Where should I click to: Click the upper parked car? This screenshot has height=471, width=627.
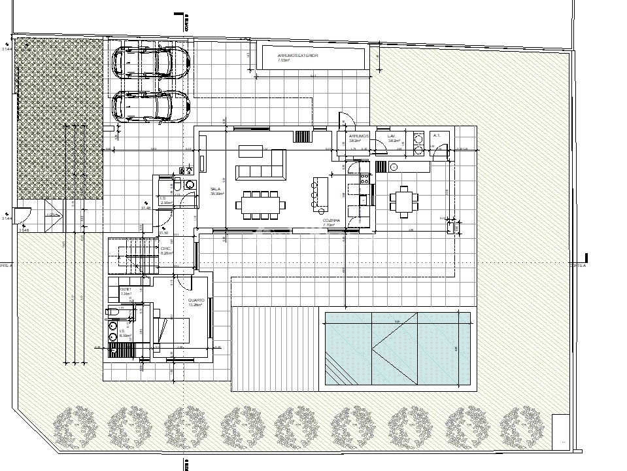coord(150,63)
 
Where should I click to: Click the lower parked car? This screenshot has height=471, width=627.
coord(150,106)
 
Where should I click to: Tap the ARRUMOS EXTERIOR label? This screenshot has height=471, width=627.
coord(297,56)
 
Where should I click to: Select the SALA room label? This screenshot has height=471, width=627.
coord(215,189)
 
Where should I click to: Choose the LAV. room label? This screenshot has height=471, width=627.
coord(392,136)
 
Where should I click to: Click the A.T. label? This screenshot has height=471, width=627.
coord(437,135)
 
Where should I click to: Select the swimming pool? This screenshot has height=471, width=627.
coord(398,349)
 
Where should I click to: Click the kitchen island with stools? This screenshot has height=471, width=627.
coord(321,193)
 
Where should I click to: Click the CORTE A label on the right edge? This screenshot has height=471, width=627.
coord(579,266)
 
